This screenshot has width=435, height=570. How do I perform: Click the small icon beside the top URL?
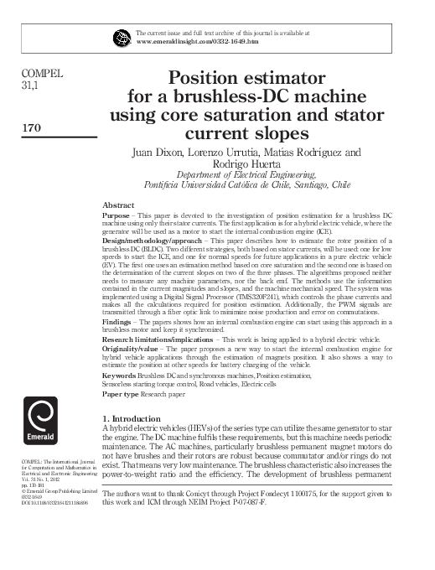point(122,34)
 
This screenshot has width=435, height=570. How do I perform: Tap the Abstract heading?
point(117,205)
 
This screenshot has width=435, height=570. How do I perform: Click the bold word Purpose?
point(117,216)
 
